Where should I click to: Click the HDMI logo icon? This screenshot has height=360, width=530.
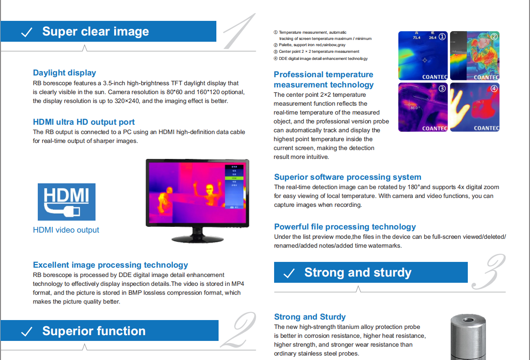click(67, 202)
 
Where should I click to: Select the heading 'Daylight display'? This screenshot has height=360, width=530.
click(64, 73)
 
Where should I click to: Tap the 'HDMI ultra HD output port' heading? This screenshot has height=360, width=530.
click(84, 122)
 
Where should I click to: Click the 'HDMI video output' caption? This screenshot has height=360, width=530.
click(66, 230)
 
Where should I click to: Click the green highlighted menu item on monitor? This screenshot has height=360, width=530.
click(234, 178)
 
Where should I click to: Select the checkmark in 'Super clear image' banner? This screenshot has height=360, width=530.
click(27, 32)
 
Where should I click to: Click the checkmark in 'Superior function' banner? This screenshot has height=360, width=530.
click(27, 332)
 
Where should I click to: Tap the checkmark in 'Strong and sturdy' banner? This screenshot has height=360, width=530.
click(289, 273)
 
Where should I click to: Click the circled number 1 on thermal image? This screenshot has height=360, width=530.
click(442, 37)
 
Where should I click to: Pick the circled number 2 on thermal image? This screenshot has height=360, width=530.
click(494, 36)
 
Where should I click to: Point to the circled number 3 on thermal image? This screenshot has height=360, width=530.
click(442, 88)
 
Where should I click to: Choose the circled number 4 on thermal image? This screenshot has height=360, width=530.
click(494, 88)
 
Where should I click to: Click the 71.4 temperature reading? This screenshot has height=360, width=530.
click(416, 37)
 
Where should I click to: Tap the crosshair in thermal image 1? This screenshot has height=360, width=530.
click(425, 60)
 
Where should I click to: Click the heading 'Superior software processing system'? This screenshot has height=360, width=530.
click(347, 177)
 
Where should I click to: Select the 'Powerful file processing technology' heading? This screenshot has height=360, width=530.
click(345, 226)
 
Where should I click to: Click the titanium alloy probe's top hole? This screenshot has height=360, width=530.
click(469, 320)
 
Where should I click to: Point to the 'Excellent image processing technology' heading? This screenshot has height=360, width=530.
click(110, 265)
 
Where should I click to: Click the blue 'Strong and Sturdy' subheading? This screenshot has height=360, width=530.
click(310, 317)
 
